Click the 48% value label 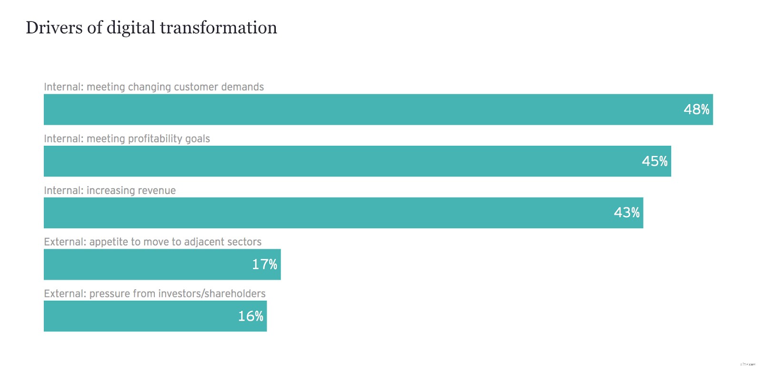(696, 110)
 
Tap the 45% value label (654, 161)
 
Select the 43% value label (626, 213)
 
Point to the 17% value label (264, 265)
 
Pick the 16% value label (251, 316)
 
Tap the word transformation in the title (218, 28)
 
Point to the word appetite (109, 242)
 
